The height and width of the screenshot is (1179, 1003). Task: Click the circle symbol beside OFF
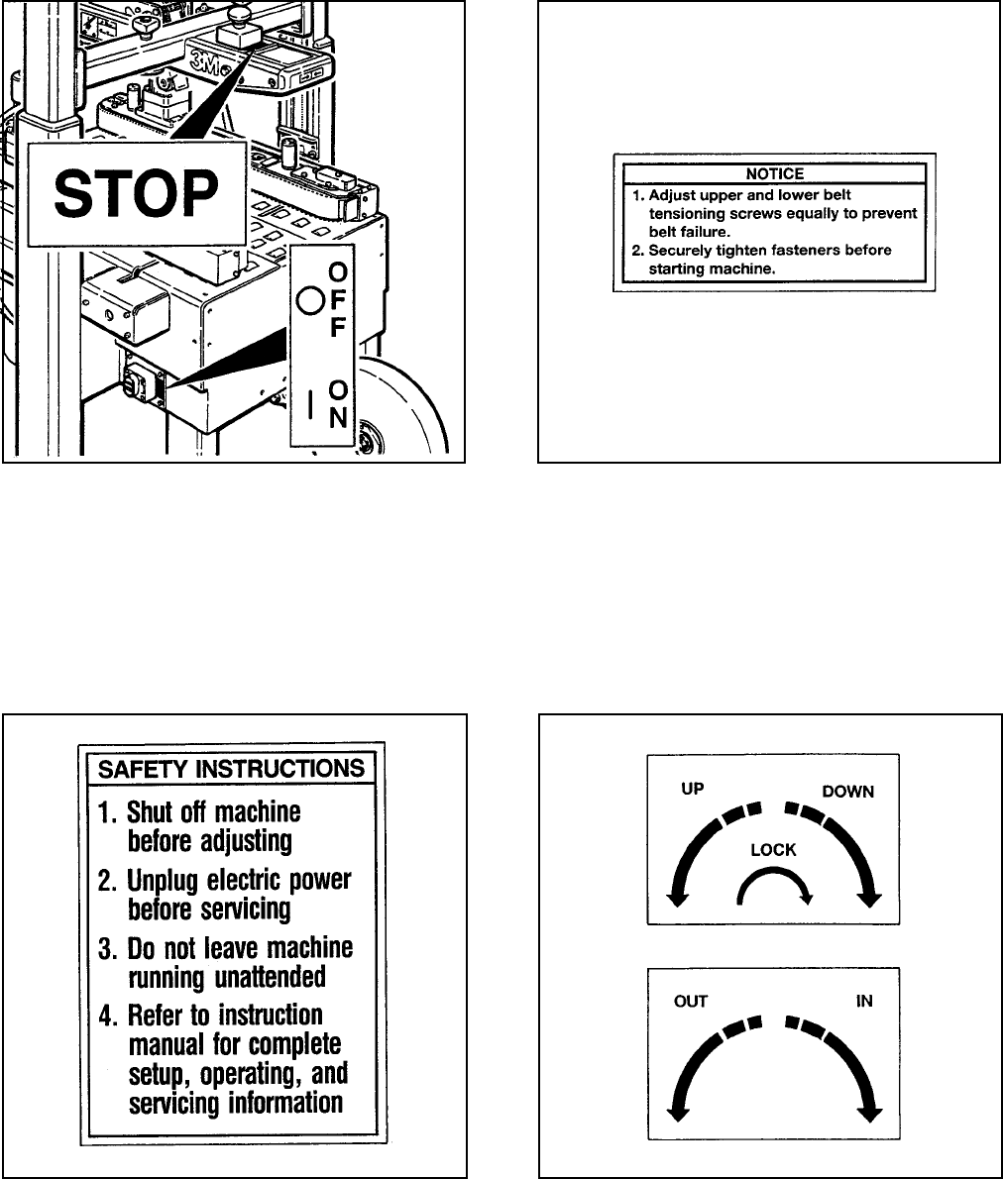[310, 300]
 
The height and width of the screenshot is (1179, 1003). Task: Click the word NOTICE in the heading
[774, 173]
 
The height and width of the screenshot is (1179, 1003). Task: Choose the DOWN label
[846, 793]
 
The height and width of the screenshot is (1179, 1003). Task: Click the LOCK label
[773, 850]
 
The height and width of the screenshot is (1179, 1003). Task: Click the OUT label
[691, 1001]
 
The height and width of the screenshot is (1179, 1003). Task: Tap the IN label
[864, 1001]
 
